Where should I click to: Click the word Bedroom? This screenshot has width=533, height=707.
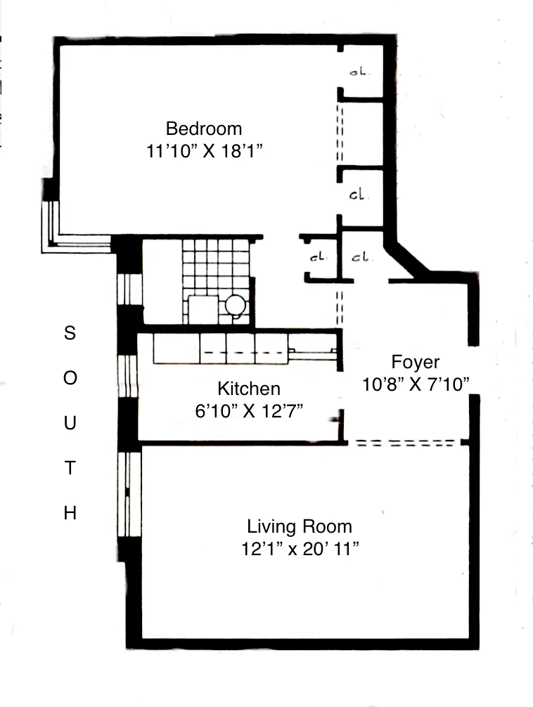(x=204, y=129)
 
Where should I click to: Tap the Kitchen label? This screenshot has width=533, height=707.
(x=249, y=389)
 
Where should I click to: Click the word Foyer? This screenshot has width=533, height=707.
(x=415, y=362)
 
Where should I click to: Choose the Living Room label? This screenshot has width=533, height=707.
(x=300, y=526)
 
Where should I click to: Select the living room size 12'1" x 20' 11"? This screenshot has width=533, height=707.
(x=300, y=549)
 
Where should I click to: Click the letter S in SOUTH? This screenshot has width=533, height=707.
(x=70, y=333)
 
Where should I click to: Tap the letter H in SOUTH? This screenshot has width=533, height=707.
(x=70, y=514)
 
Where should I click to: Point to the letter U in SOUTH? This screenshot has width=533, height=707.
(x=70, y=424)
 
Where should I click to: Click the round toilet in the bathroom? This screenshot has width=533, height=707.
(x=236, y=305)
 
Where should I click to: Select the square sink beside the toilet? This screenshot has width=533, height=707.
(x=203, y=309)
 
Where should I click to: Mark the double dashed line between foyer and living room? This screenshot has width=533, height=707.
(x=404, y=443)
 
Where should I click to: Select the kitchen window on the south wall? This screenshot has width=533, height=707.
(x=127, y=377)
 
